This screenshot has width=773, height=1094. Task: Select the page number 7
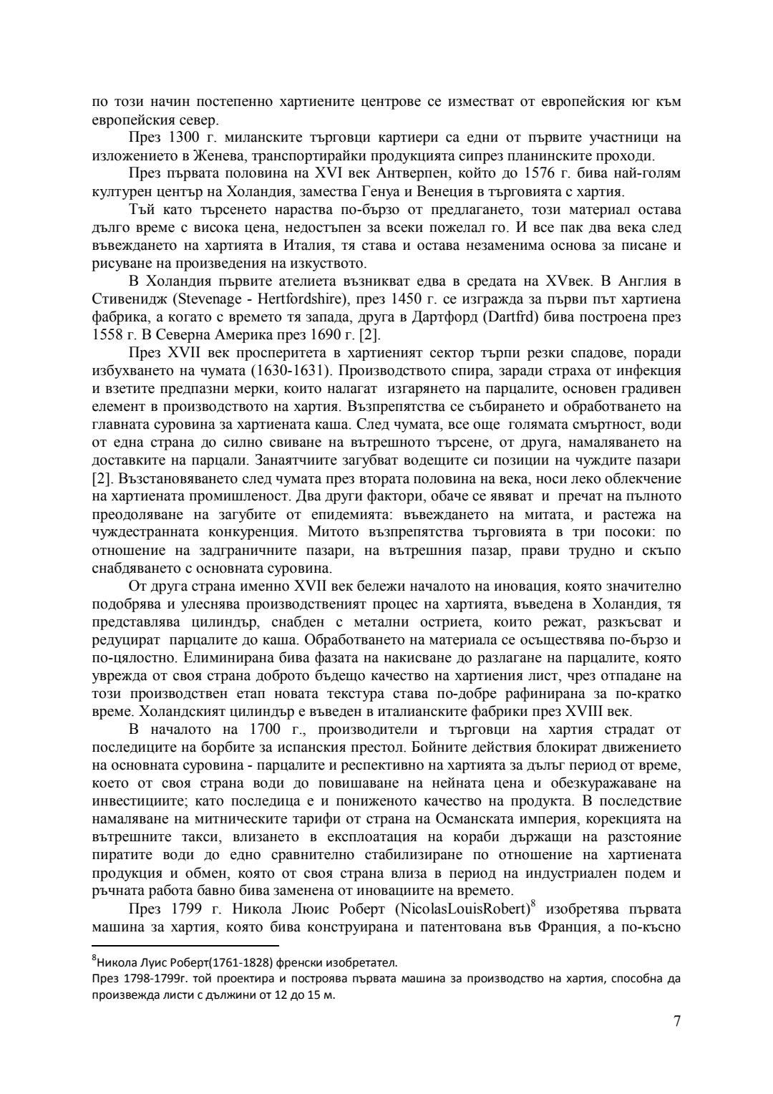point(676,1020)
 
